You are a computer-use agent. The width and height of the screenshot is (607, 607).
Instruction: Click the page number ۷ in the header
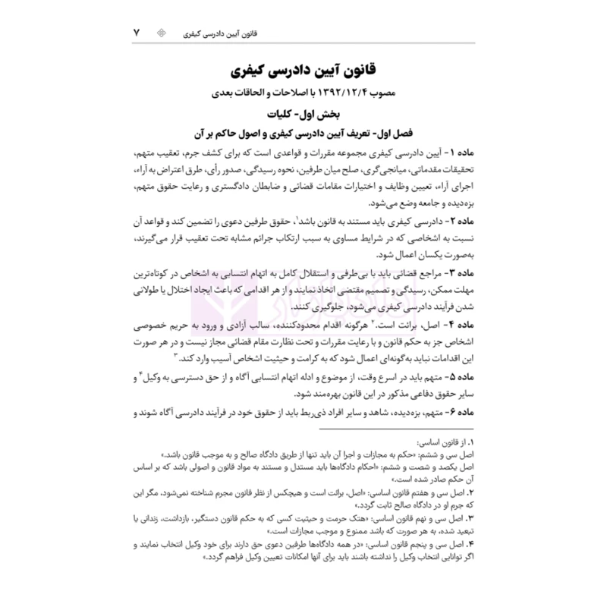pyautogui.click(x=137, y=34)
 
